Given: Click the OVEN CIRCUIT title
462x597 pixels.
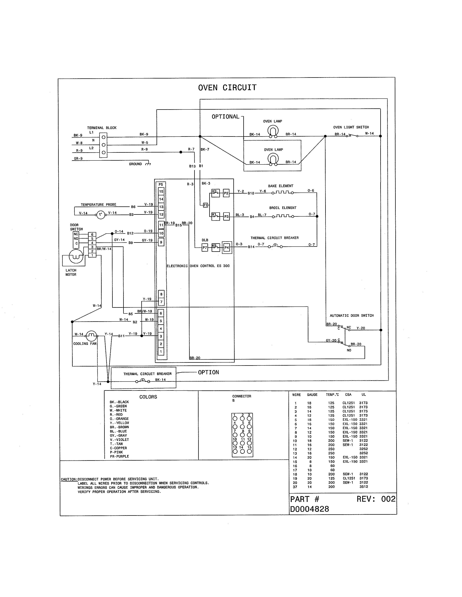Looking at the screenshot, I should pos(227,88).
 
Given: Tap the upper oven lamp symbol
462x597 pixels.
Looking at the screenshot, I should pos(273,131).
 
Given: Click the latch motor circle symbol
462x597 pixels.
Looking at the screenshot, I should pos(76,256).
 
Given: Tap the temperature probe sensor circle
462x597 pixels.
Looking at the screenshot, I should pos(100,215).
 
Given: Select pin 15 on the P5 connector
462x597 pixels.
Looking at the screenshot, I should pos(161,191).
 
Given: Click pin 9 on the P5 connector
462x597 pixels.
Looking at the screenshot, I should pos(161,242).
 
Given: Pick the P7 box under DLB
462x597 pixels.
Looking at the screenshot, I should pos(205,248).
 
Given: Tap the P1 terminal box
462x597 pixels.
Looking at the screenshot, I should pos(205,205).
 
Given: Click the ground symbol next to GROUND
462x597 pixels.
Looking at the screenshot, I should pos(148,164).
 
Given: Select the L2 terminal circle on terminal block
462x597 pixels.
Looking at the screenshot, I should pos(103,153).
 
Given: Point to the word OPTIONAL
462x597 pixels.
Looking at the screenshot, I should pos(225,117).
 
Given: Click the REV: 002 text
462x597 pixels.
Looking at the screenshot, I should pos(376,499).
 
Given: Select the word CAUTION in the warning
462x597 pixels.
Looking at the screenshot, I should pos(69,479).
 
